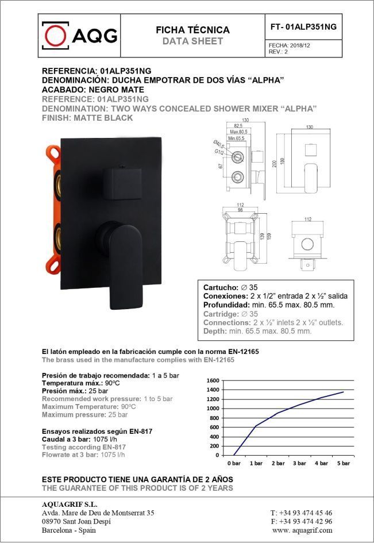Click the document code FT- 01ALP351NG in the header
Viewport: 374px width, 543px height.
(x=303, y=27)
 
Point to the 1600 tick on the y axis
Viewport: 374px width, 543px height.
(x=213, y=381)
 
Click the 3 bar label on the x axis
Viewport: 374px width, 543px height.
(x=299, y=463)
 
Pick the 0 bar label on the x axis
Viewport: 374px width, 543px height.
(x=234, y=463)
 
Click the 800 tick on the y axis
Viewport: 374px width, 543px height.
(x=214, y=418)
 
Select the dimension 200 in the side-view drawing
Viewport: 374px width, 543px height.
(x=275, y=163)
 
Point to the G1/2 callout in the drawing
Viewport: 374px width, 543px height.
(x=219, y=152)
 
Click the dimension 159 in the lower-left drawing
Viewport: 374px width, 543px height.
(x=269, y=236)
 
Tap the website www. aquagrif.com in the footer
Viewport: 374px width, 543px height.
(x=302, y=530)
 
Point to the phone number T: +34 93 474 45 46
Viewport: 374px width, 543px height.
(x=301, y=513)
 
